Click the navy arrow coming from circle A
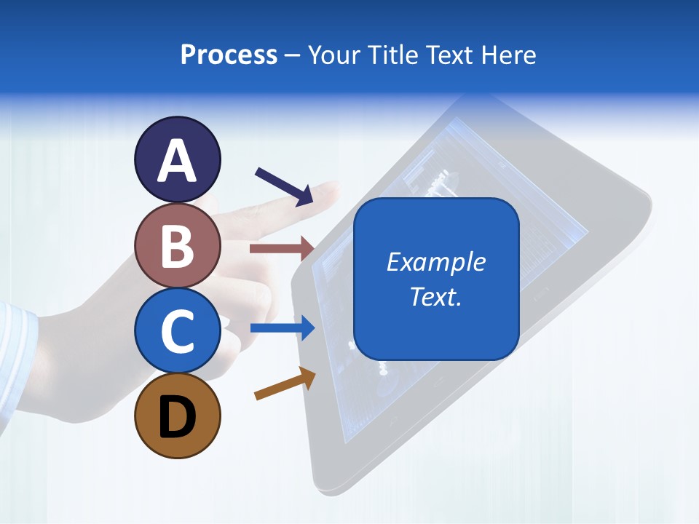[x=285, y=186]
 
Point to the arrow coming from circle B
[x=281, y=249]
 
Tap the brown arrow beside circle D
[x=285, y=384]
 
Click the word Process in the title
[x=229, y=55]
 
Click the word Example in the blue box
[x=435, y=262]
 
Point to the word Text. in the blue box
[x=435, y=296]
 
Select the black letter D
[x=177, y=417]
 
